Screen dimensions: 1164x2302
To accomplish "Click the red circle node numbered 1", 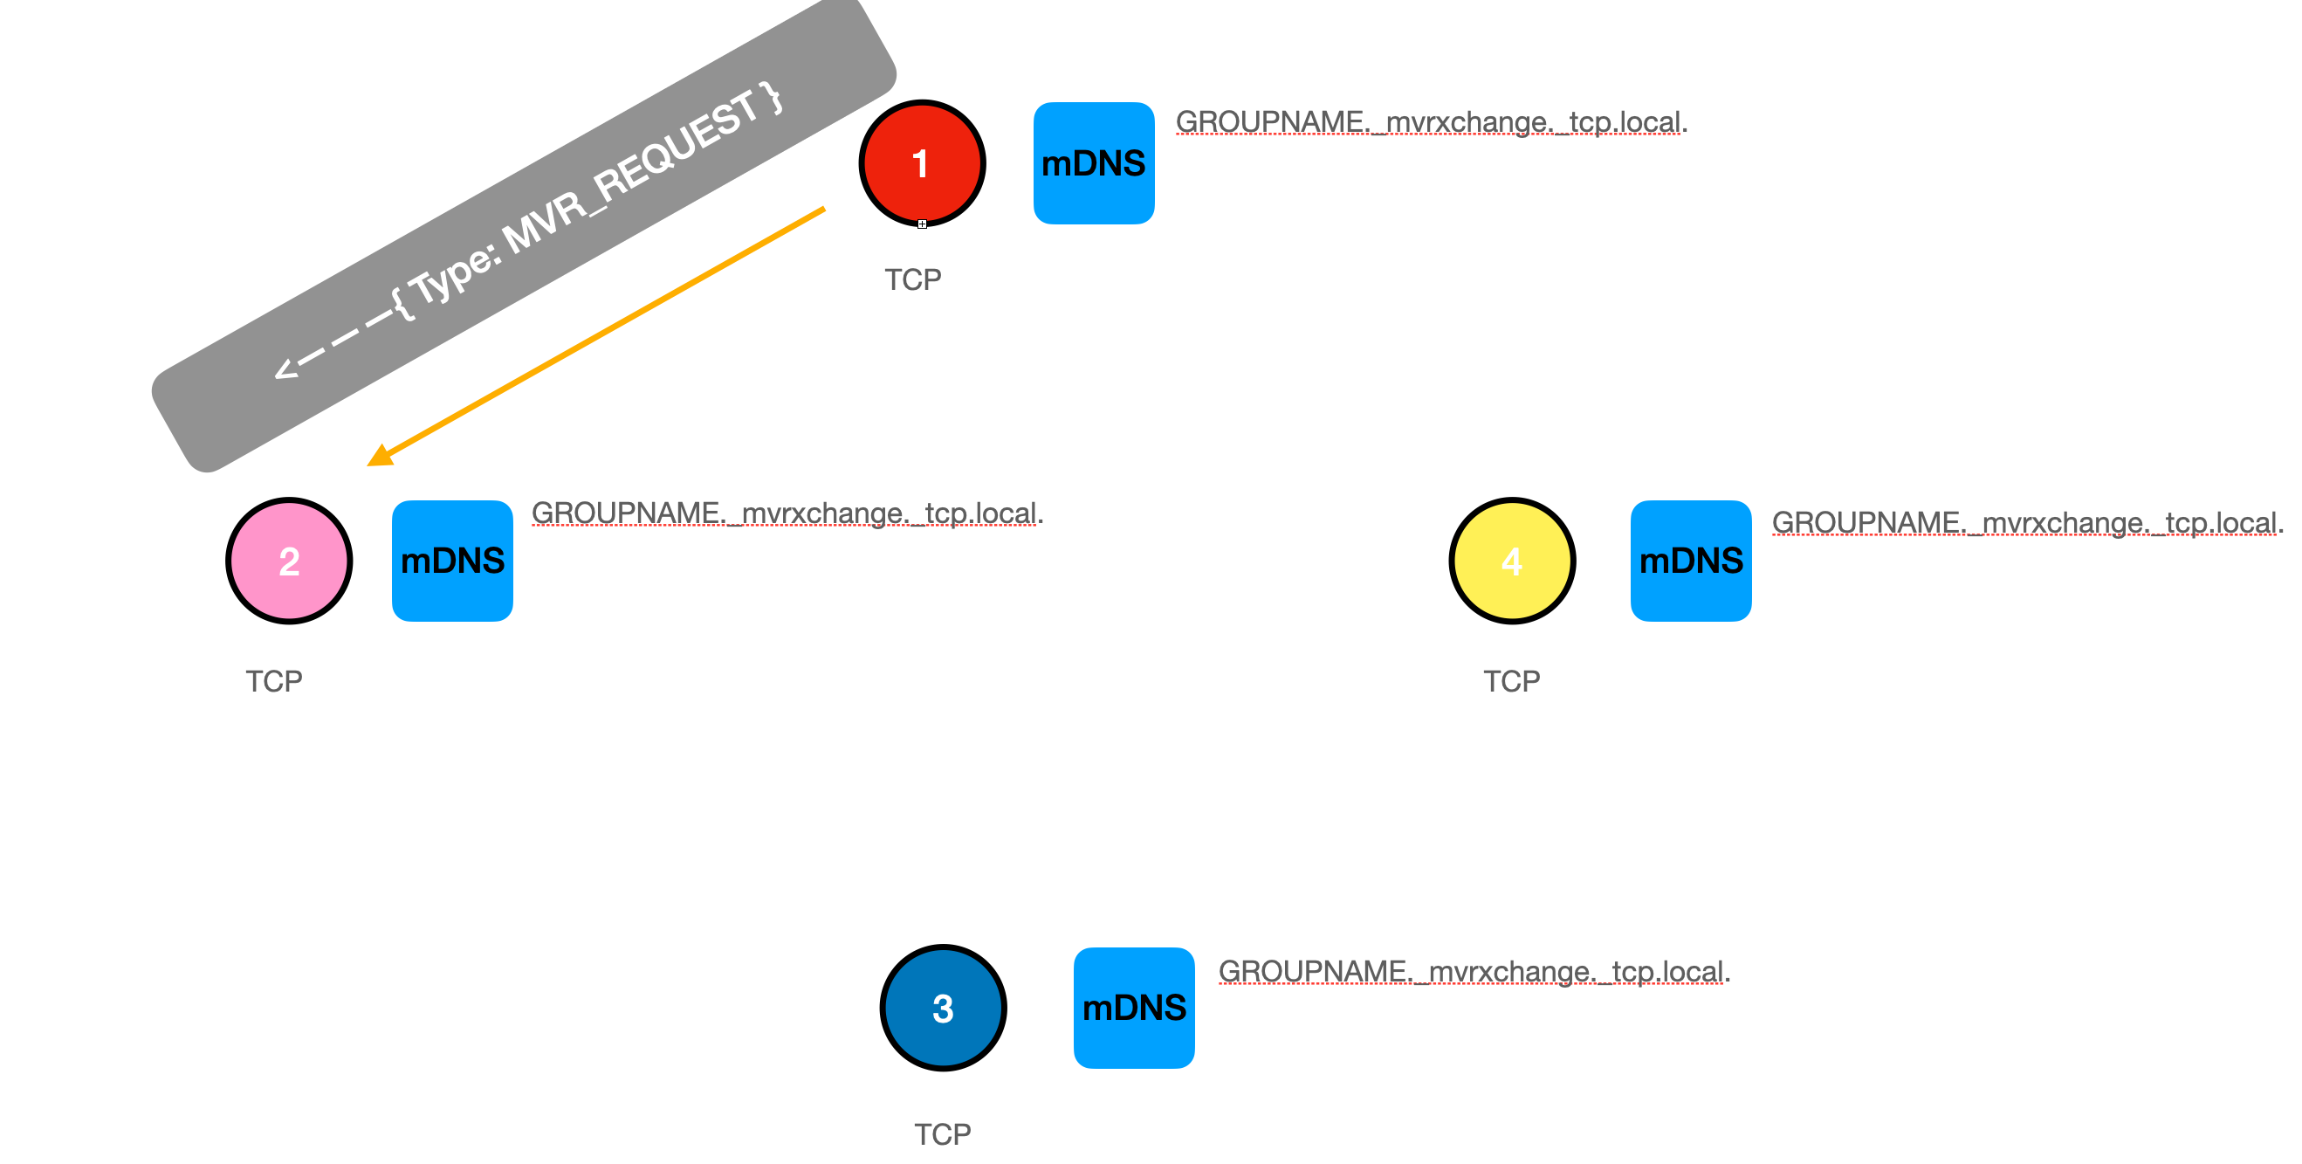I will (x=921, y=162).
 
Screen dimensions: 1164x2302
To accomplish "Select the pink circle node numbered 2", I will (x=289, y=561).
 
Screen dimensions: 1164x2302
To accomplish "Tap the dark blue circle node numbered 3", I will (x=943, y=1008).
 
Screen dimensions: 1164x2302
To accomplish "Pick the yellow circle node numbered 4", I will (x=1511, y=561).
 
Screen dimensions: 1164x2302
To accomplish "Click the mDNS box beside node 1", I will (x=1093, y=162).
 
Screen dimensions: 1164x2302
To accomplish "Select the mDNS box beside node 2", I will (x=452, y=561).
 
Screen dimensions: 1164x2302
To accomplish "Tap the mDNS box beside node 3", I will (x=1133, y=1008).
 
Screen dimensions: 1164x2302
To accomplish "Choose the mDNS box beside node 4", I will (x=1690, y=561).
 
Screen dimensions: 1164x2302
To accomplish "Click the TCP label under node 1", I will (x=912, y=279).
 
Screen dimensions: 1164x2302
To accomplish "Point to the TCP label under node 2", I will (x=273, y=681).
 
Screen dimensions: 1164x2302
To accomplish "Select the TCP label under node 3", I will (x=942, y=1133).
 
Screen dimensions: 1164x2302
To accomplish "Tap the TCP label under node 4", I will (x=1511, y=681).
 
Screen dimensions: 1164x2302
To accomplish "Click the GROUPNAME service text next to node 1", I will (x=1430, y=122).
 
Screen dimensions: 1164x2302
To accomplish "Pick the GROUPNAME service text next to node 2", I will (x=787, y=513).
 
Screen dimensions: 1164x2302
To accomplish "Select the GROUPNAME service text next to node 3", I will (x=1474, y=971).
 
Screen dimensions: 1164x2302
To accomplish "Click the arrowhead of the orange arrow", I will (x=380, y=456).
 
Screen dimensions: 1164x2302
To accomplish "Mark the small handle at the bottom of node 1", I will (x=922, y=224).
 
